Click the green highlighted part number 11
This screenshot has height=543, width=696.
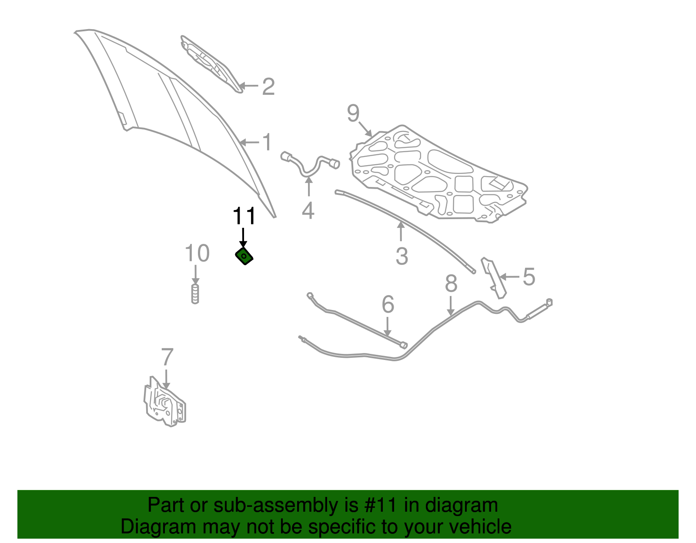(244, 257)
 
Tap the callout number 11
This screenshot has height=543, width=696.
(244, 216)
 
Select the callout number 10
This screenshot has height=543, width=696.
(197, 253)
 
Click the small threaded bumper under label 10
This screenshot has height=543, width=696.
(195, 294)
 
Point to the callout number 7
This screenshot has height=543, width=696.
(167, 357)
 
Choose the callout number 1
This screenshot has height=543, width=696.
(267, 142)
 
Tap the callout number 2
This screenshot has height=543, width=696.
(268, 87)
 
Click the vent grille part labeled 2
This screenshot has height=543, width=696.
(211, 63)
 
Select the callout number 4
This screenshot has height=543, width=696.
(308, 211)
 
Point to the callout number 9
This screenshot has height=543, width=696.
(353, 113)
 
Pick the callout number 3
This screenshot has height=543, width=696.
(402, 256)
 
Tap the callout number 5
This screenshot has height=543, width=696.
(529, 277)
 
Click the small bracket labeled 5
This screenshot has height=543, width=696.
(494, 277)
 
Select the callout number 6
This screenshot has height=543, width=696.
(388, 304)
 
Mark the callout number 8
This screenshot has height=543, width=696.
(451, 283)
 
